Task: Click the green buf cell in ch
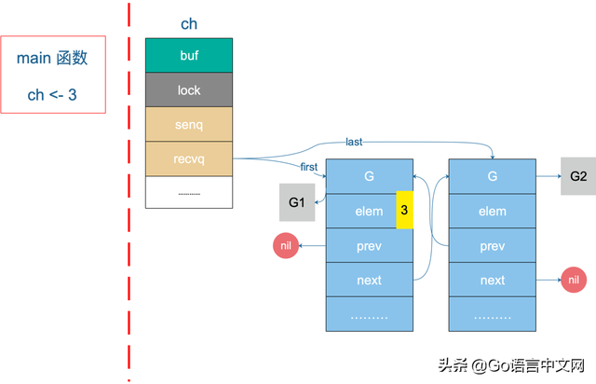(189, 56)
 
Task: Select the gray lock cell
(189, 90)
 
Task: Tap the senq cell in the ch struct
(189, 124)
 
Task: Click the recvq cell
(189, 158)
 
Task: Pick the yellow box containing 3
(404, 211)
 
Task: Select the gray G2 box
(578, 176)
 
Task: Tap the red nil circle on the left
(286, 246)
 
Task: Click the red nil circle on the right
(574, 280)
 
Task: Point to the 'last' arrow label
(354, 142)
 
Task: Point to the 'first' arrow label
(309, 167)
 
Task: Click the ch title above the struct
(188, 24)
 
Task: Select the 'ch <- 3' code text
(52, 95)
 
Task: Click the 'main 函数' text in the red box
(52, 58)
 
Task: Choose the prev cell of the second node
(492, 246)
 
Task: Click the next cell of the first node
(369, 280)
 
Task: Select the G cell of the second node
(492, 176)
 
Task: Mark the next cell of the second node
(492, 280)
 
